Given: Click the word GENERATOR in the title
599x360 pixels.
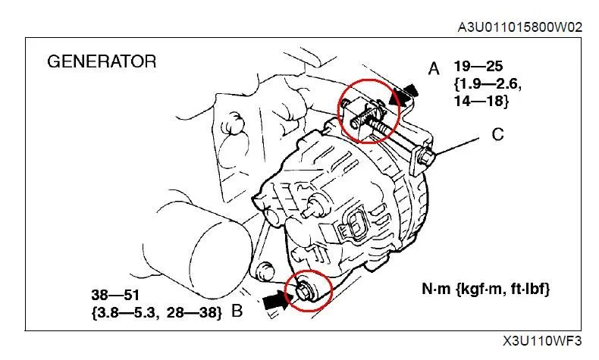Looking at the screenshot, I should [102, 61].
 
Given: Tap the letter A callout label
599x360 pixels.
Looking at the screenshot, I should [434, 69].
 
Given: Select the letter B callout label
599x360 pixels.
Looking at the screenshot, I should [237, 310].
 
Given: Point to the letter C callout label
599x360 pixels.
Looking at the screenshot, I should [498, 135].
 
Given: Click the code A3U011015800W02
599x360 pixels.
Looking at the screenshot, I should [519, 27].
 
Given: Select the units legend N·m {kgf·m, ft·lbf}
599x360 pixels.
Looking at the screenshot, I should [486, 289].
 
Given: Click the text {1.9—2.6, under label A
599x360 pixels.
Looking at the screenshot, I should [488, 83].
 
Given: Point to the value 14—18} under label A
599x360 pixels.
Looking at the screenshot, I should [482, 100].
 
